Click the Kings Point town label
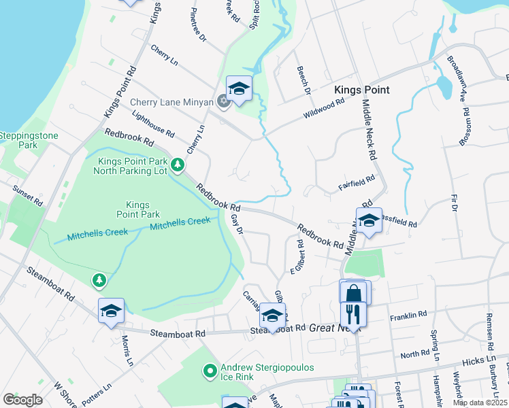click(361, 90)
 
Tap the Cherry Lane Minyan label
click(173, 103)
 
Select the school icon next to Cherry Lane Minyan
click(239, 89)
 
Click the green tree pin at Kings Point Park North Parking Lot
click(178, 165)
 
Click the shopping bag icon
click(354, 294)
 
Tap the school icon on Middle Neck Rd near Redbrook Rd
click(369, 221)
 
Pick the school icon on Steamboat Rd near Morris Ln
click(111, 311)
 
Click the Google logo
click(22, 400)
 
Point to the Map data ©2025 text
click(480, 403)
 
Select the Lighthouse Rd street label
click(153, 123)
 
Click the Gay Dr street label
click(237, 224)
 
